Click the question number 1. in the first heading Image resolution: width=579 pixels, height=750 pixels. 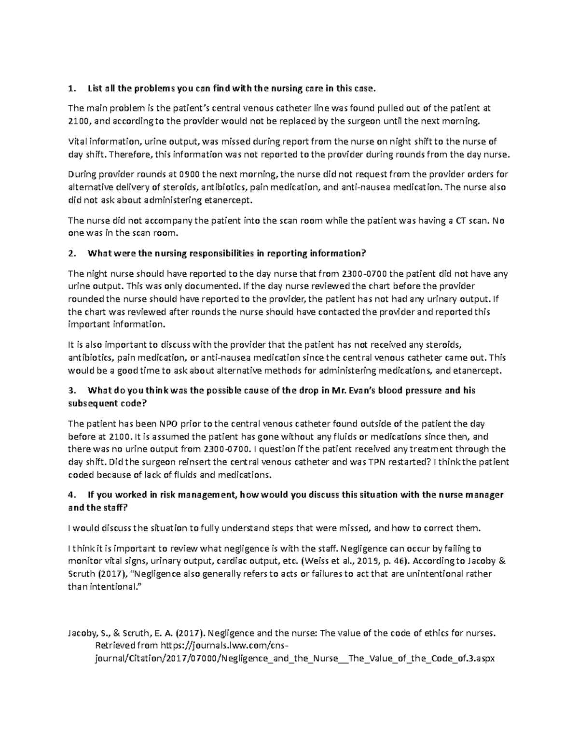72,88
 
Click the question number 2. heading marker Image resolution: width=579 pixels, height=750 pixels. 72,254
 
